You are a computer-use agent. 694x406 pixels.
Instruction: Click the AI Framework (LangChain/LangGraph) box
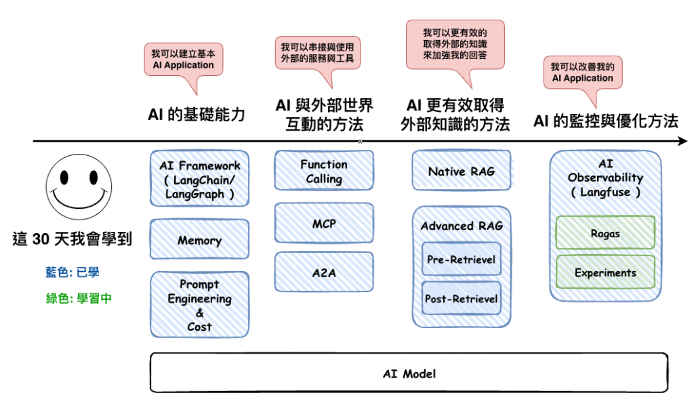[199, 178]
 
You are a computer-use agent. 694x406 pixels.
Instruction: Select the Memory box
[199, 240]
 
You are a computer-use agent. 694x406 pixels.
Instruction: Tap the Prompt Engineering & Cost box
[199, 305]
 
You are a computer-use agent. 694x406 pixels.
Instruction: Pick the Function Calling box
[324, 171]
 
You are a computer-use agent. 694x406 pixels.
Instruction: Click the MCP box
[324, 223]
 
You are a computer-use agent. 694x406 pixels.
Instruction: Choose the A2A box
[324, 272]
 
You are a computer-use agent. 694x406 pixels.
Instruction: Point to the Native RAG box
[462, 171]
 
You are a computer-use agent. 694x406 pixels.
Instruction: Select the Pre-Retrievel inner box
[462, 259]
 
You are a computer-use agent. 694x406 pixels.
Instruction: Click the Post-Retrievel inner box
[462, 298]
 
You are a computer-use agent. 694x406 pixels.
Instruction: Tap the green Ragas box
[605, 233]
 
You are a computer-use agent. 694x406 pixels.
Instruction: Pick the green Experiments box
[605, 272]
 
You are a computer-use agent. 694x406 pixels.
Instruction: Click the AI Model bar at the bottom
[409, 373]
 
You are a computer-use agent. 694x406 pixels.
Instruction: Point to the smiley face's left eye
[64, 178]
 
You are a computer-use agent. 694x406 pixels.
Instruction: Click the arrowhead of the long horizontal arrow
[683, 142]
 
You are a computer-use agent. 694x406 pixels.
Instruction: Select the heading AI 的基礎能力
[196, 115]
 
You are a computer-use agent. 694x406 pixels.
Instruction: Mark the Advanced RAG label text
[462, 226]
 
